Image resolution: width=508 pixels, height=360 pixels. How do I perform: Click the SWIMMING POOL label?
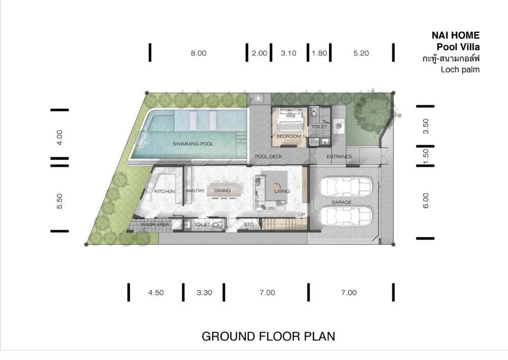point(193,143)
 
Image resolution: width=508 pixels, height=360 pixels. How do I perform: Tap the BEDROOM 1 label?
point(290,136)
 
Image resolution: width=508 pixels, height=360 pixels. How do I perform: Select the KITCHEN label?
point(165,191)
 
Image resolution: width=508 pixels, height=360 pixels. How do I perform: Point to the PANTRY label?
point(195,191)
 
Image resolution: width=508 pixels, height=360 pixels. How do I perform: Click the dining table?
point(225,190)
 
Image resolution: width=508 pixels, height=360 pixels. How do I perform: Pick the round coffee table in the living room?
point(276,188)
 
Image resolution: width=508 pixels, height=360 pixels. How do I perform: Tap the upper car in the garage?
point(345,187)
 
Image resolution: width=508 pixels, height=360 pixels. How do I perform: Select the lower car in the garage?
point(345,217)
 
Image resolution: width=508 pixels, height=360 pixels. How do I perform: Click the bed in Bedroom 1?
point(290,120)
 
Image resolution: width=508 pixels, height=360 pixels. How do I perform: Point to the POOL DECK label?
point(268,157)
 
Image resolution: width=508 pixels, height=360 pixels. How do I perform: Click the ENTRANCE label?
point(339,157)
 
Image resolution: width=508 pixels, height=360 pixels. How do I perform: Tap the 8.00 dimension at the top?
point(198,53)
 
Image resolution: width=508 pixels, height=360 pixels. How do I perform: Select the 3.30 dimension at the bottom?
point(204,292)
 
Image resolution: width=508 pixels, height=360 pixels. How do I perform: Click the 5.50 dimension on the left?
point(59,201)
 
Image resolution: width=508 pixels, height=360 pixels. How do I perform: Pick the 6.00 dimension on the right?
point(426,200)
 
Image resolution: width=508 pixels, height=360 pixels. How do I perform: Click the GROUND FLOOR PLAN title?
point(268,336)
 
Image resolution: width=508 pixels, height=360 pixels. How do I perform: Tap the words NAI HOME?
point(456,35)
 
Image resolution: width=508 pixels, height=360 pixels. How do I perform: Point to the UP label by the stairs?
point(302,215)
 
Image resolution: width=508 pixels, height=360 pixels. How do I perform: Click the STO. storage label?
point(249,224)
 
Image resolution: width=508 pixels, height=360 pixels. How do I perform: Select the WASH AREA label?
point(155,224)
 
